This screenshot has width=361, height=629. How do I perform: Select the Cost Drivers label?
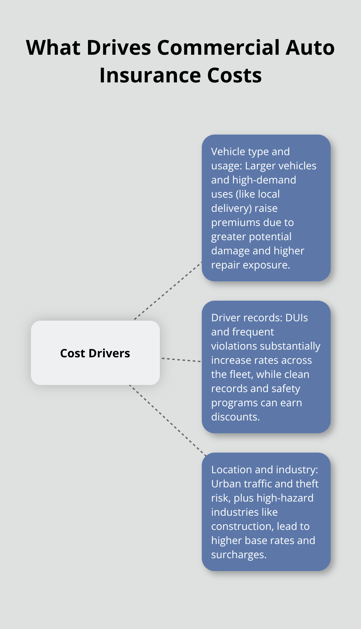pyautogui.click(x=95, y=353)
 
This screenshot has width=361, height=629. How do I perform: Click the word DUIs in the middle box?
pyautogui.click(x=296, y=318)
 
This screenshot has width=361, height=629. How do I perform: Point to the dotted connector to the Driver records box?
pyautogui.click(x=181, y=360)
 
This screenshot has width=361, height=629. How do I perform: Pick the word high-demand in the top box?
pyautogui.click(x=264, y=180)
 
